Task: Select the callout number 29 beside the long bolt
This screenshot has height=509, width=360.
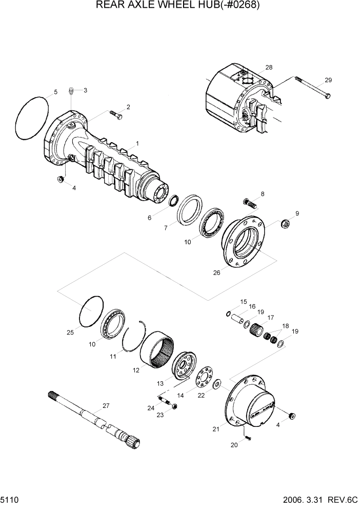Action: point(328,80)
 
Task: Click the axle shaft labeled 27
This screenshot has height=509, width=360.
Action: point(92,415)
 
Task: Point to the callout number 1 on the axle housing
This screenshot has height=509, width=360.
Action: point(137,143)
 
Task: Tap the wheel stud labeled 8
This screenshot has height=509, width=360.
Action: point(250,202)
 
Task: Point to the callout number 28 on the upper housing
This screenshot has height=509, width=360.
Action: point(269,68)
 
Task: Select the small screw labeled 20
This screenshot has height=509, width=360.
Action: point(247,438)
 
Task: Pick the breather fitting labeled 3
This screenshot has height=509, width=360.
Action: point(72,92)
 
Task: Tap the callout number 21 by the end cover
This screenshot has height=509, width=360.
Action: point(216,428)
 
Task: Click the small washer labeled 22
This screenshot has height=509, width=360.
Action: point(217,383)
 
